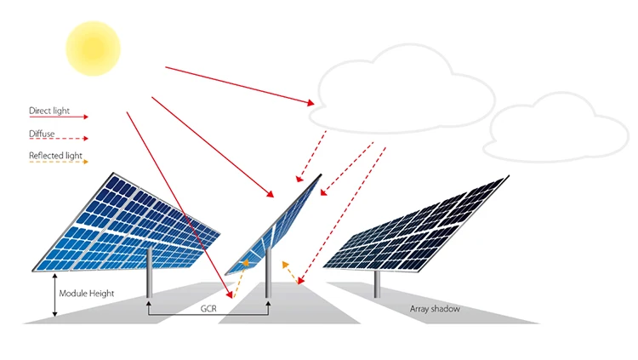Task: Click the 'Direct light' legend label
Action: tap(48, 111)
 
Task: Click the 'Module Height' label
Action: tap(86, 294)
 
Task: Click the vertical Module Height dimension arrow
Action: tap(54, 295)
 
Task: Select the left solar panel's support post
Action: tap(150, 272)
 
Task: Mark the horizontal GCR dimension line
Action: tap(208, 317)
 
